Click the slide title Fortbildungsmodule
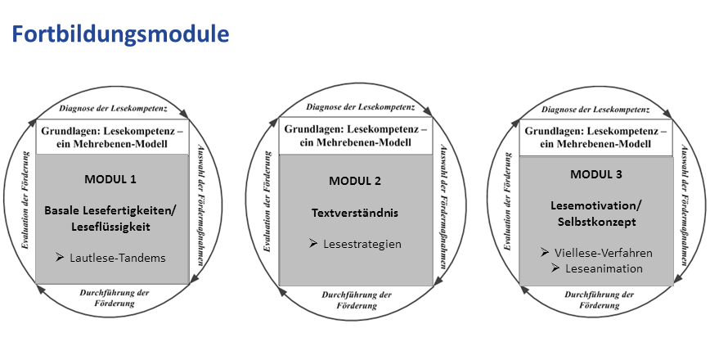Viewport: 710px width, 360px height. pos(120,34)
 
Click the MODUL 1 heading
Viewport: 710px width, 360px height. pos(110,179)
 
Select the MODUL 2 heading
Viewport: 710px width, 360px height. pos(355,181)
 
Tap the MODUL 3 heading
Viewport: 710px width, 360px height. pos(595,174)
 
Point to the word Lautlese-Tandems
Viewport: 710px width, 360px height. pos(118,258)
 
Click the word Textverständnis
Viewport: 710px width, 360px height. pos(355,213)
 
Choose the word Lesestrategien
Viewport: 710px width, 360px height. pos(362,244)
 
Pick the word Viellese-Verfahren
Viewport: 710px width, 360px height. pos(603,253)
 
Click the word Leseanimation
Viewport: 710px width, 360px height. pos(604,268)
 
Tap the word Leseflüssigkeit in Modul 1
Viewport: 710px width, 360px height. pos(110,227)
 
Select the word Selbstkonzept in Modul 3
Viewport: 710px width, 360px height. pos(597,223)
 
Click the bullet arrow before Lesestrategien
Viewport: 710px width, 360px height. pos(313,244)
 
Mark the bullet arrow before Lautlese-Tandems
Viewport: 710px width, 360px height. pos(60,258)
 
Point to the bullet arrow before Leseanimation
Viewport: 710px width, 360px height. pos(555,268)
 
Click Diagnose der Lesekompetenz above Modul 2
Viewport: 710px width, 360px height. pos(361,107)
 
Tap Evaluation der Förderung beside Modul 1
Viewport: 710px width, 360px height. pos(26,200)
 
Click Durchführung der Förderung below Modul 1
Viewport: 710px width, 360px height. pos(115,298)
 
